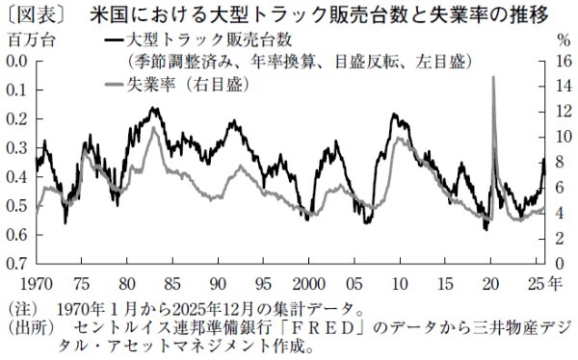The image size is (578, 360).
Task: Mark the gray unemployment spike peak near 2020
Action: [x=494, y=78]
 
